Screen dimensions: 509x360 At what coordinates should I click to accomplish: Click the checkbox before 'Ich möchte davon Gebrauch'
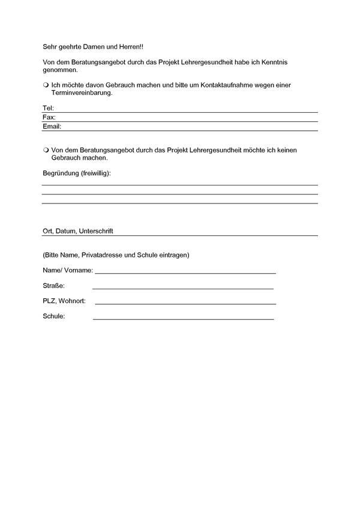pos(46,85)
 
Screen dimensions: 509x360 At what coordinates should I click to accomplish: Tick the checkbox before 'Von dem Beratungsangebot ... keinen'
pos(46,150)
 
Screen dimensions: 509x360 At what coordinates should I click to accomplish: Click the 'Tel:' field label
pos(49,108)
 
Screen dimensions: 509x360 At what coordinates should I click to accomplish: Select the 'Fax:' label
pos(49,118)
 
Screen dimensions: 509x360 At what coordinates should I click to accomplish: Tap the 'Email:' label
pos(52,127)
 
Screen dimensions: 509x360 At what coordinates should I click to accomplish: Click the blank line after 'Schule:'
pos(183,318)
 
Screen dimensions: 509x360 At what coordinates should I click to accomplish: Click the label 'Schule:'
pos(53,316)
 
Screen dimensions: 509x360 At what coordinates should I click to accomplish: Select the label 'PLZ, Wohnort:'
pos(64,301)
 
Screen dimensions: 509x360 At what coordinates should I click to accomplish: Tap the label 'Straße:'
pos(54,286)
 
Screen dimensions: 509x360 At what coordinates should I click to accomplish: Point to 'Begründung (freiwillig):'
pos(77,173)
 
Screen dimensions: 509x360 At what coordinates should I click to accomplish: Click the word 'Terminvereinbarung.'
pos(82,94)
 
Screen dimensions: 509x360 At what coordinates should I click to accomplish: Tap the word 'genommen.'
pos(61,70)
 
